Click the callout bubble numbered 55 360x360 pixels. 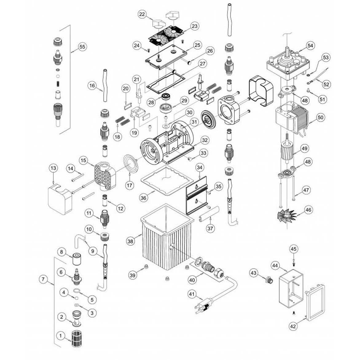pyautogui.click(x=82, y=47)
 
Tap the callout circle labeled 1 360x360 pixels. pyautogui.click(x=61, y=336)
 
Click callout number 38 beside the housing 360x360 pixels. pyautogui.click(x=131, y=241)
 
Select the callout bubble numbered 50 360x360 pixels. pyautogui.click(x=320, y=117)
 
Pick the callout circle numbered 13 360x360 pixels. pyautogui.click(x=53, y=168)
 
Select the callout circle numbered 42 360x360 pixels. pyautogui.click(x=293, y=326)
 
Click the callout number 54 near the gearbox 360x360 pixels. pyautogui.click(x=310, y=45)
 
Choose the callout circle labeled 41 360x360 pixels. pyautogui.click(x=192, y=294)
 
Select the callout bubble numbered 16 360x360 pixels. pyautogui.click(x=92, y=85)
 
